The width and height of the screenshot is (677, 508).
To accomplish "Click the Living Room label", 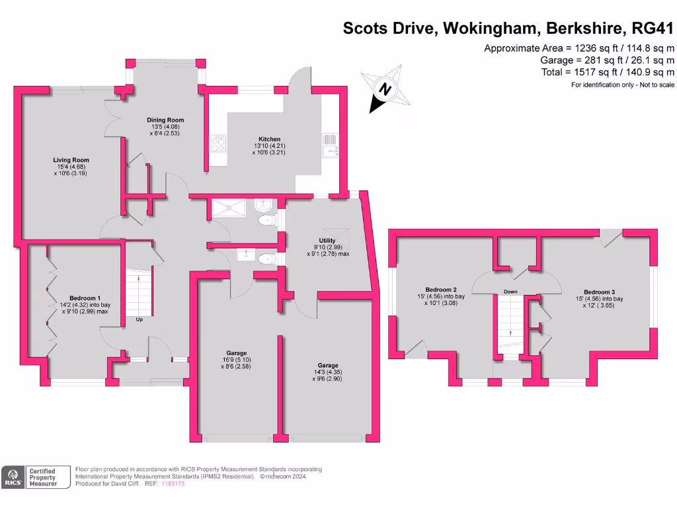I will click(71, 160).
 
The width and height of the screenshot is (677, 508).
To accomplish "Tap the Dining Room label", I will click(165, 120).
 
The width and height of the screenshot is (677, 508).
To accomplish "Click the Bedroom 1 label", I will click(85, 298).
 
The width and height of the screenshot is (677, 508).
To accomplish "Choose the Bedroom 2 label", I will click(441, 290).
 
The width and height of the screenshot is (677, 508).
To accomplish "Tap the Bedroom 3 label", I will click(599, 292).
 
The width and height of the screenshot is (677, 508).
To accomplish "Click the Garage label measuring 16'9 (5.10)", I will click(235, 353).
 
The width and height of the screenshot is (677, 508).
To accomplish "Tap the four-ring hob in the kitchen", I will click(218, 144).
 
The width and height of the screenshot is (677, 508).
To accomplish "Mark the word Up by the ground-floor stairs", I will click(139, 319).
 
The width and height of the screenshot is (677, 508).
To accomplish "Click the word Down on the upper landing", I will click(510, 292).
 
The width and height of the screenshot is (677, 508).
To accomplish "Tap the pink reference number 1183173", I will click(173, 484).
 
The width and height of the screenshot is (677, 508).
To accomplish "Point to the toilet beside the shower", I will click(265, 219).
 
